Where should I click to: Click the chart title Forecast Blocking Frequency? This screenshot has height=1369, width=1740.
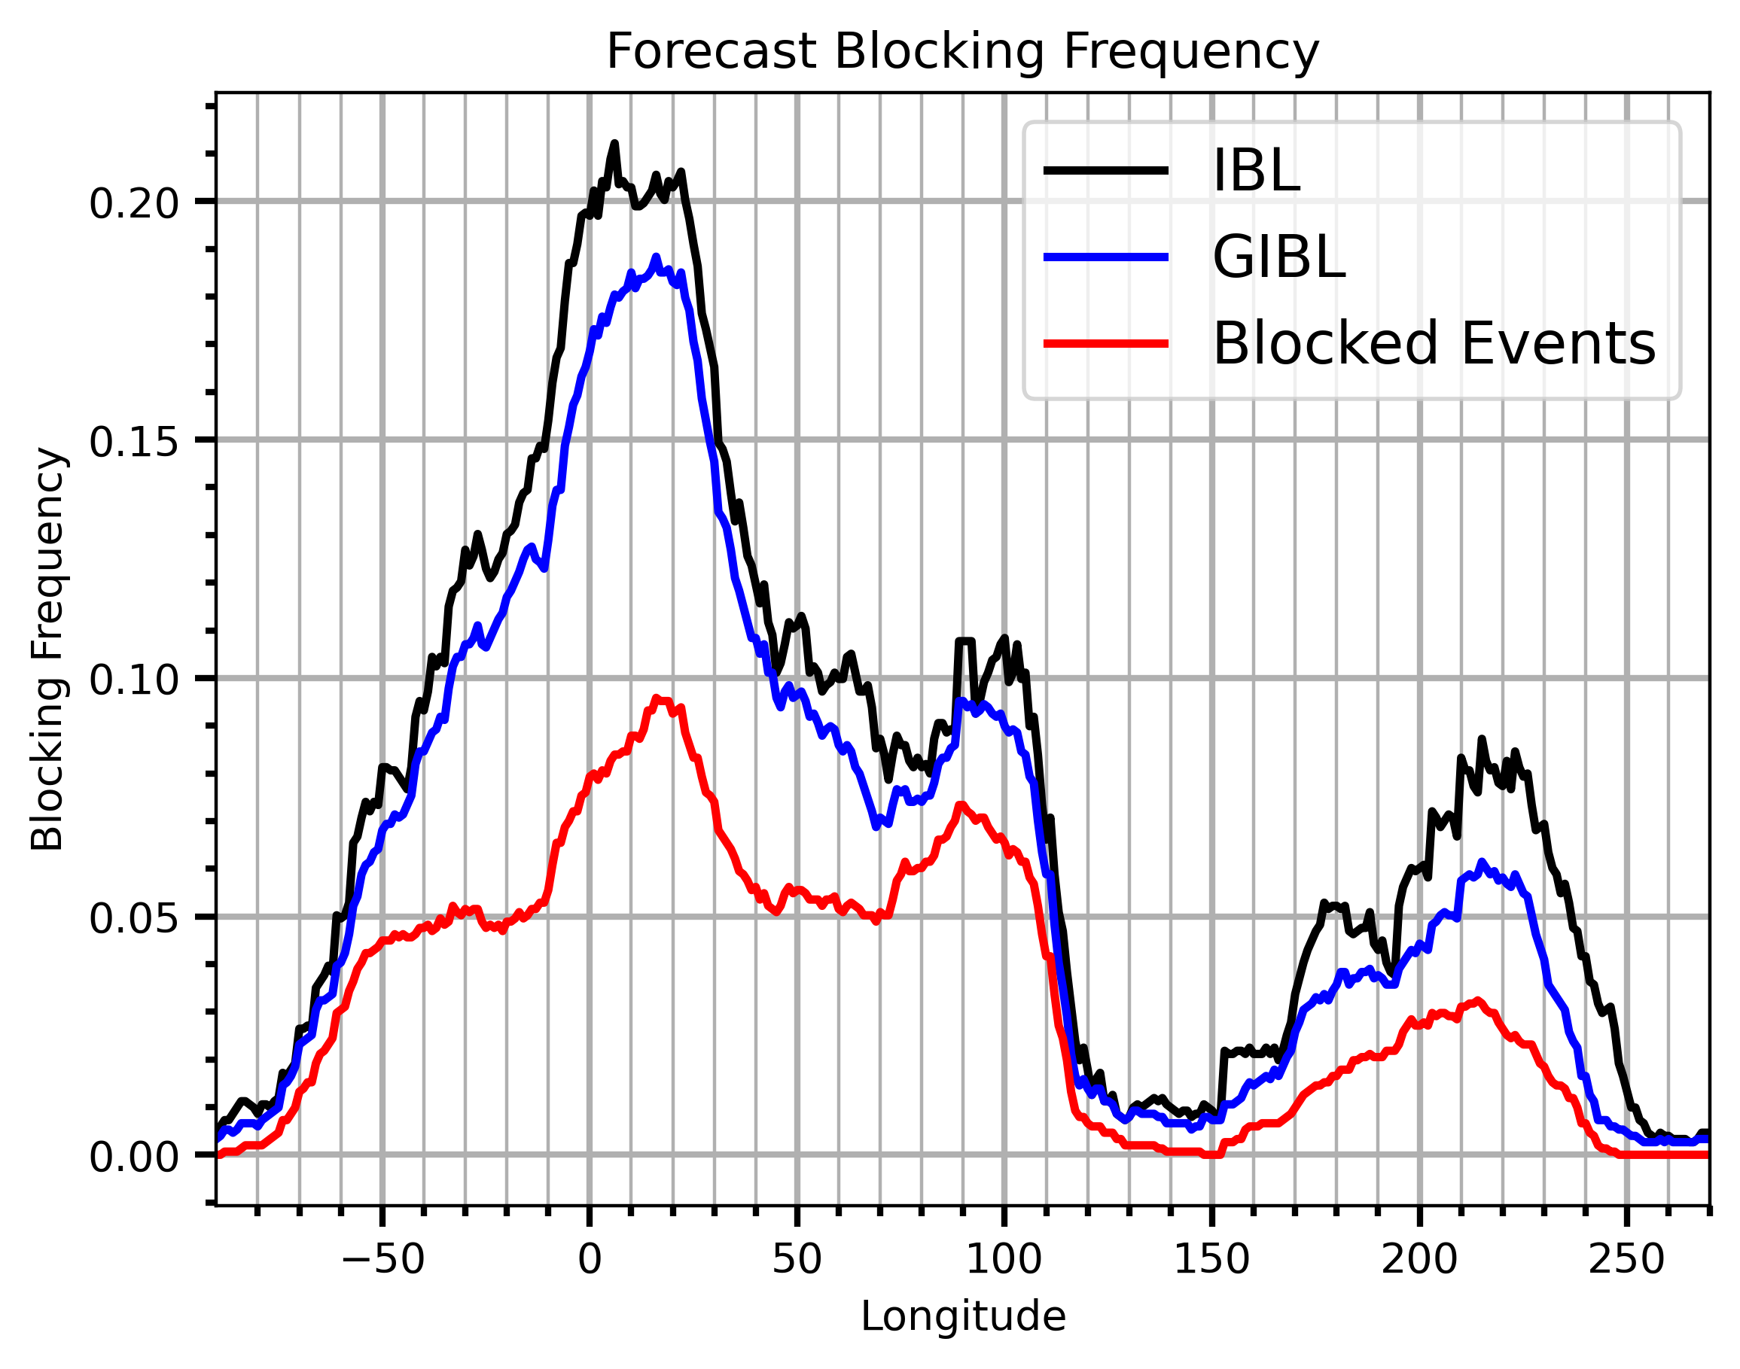(962, 52)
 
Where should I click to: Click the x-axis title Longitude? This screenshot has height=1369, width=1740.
(963, 1317)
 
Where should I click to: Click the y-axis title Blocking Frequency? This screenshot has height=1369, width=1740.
(47, 650)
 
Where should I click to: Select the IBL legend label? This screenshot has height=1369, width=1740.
(1256, 171)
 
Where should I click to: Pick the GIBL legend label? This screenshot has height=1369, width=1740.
(1278, 257)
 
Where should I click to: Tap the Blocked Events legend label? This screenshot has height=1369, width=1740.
(1434, 344)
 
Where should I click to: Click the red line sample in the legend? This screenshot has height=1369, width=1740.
(1106, 344)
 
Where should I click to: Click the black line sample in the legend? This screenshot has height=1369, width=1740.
(1106, 170)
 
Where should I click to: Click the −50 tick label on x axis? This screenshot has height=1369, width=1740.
(382, 1260)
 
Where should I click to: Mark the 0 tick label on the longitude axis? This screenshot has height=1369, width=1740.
(590, 1260)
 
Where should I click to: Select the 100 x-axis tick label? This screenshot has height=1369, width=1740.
(1004, 1260)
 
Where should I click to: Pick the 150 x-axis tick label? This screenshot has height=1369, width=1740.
(1211, 1260)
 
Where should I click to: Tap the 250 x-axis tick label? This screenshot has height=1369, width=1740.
(1626, 1260)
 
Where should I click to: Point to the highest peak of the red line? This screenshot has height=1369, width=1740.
(656, 699)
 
